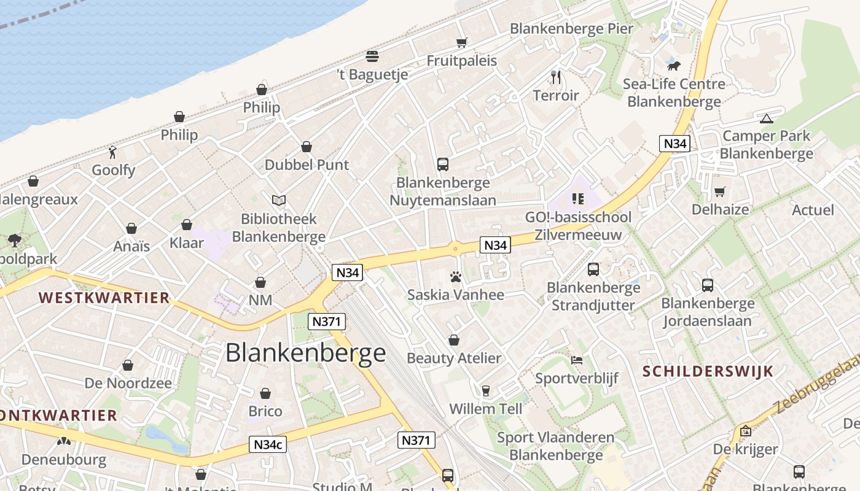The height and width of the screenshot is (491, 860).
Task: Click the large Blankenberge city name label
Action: click(305, 353)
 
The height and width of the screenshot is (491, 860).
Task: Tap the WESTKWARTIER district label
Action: click(104, 298)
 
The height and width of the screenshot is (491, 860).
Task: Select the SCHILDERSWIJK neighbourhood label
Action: click(708, 371)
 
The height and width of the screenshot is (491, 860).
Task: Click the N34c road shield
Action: click(268, 444)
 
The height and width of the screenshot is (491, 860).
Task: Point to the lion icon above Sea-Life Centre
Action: click(674, 65)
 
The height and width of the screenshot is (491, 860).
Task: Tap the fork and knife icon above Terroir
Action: click(556, 77)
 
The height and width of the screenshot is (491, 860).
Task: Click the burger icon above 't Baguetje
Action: click(372, 56)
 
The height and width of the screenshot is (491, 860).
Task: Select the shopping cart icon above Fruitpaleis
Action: click(462, 42)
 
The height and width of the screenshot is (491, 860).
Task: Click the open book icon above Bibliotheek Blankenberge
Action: click(279, 200)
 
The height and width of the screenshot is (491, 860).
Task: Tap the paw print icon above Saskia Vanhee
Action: click(455, 277)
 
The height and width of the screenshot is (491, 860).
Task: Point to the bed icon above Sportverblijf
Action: click(576, 360)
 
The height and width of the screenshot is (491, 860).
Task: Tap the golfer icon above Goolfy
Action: click(112, 152)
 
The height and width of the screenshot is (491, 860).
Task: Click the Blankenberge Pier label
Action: click(571, 28)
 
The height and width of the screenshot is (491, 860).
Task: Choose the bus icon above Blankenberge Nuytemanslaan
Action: click(443, 164)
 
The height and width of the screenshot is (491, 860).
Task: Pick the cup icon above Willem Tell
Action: click(486, 391)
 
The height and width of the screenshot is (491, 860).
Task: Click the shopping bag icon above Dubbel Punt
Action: click(307, 147)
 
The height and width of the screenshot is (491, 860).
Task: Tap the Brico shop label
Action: click(265, 411)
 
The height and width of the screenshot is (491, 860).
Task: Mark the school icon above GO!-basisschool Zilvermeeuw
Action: click(577, 198)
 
